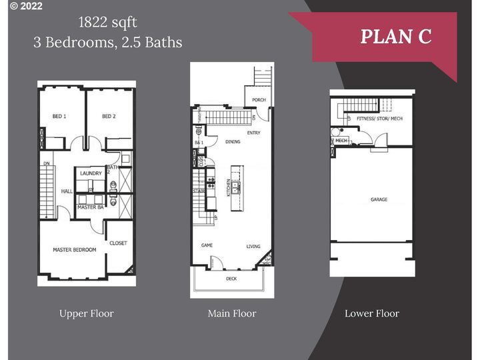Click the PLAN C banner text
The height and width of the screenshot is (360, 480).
pyautogui.click(x=396, y=37)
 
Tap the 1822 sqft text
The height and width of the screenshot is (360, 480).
pyautogui.click(x=107, y=23)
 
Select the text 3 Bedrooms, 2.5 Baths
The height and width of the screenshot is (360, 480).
pyautogui.click(x=107, y=42)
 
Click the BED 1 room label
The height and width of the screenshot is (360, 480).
pyautogui.click(x=59, y=117)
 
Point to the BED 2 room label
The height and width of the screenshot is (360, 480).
pyautogui.click(x=109, y=117)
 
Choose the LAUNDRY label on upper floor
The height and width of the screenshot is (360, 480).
pyautogui.click(x=91, y=173)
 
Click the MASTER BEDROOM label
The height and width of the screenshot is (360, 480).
pyautogui.click(x=75, y=249)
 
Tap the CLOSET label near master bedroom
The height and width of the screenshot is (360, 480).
pyautogui.click(x=118, y=243)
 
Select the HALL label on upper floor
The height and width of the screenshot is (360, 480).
pyautogui.click(x=67, y=191)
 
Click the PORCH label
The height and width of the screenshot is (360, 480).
pyautogui.click(x=259, y=101)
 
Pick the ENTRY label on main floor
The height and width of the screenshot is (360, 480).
pyautogui.click(x=253, y=133)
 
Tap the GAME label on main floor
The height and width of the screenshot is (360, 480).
pyautogui.click(x=207, y=245)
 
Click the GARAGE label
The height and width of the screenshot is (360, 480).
pyautogui.click(x=379, y=199)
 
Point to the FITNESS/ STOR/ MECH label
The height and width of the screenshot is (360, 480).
pyautogui.click(x=381, y=119)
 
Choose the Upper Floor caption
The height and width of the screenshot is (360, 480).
pyautogui.click(x=87, y=313)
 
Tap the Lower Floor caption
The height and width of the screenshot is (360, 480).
pyautogui.click(x=372, y=313)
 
